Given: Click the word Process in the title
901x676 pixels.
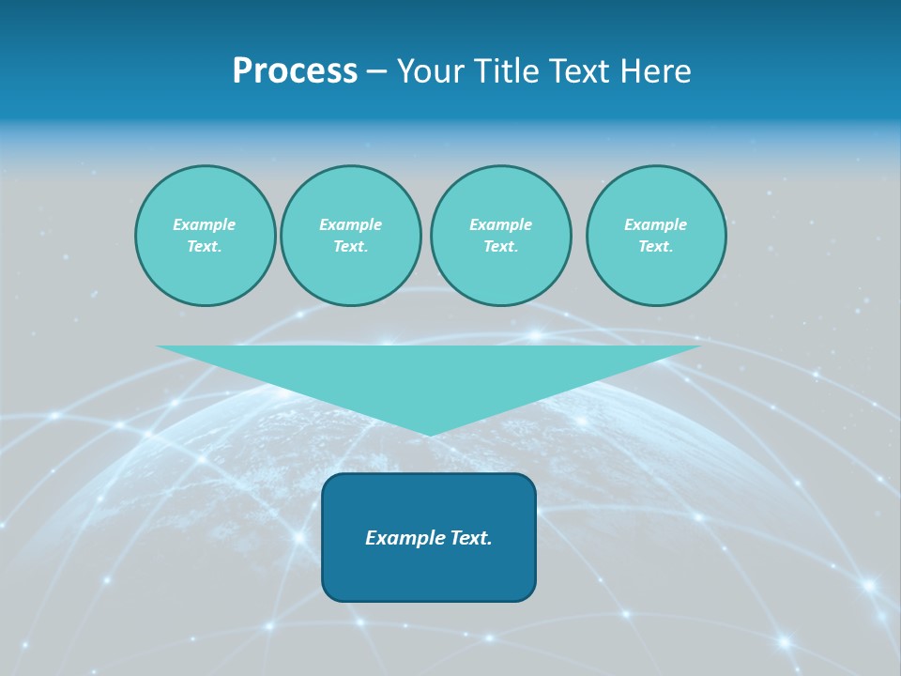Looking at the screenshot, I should tap(295, 71).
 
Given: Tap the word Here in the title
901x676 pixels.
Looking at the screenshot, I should tap(655, 71).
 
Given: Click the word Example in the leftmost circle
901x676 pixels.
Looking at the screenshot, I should tap(204, 224).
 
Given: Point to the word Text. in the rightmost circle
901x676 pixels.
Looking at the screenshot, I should tap(655, 247).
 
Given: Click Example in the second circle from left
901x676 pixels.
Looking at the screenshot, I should tap(350, 224).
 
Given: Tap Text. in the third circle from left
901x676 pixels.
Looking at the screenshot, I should tap(500, 247).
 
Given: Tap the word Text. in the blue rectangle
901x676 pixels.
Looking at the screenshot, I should tap(469, 538).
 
